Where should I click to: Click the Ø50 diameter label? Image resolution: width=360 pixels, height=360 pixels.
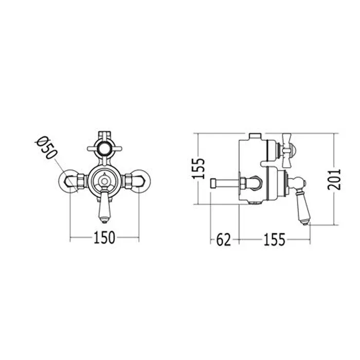[x=46, y=148]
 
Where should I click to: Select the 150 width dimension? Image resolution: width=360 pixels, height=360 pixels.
[x=104, y=238]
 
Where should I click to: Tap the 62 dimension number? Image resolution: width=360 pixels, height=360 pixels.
[x=223, y=240]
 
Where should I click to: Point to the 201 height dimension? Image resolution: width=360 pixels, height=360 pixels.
[x=334, y=179]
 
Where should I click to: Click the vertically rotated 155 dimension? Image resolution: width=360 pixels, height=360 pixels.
[x=198, y=168]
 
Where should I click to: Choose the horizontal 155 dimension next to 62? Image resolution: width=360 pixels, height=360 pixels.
[x=274, y=240]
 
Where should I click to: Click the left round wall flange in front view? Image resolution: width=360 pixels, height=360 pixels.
[x=68, y=181]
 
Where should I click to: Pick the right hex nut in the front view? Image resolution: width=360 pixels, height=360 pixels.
[x=128, y=181]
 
